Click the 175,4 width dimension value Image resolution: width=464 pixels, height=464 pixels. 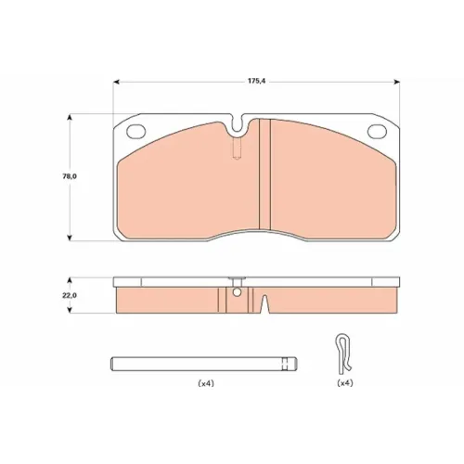257,81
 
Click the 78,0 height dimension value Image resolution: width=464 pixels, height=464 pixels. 70,176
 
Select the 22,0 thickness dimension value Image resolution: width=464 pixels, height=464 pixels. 70,295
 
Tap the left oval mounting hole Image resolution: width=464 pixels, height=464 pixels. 136,131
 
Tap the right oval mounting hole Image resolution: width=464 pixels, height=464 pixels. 377,131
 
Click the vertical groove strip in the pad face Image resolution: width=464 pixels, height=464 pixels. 264,174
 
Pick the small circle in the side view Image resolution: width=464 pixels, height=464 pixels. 237,292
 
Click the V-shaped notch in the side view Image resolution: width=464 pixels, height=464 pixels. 264,303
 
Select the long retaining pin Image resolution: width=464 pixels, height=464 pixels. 204,364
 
